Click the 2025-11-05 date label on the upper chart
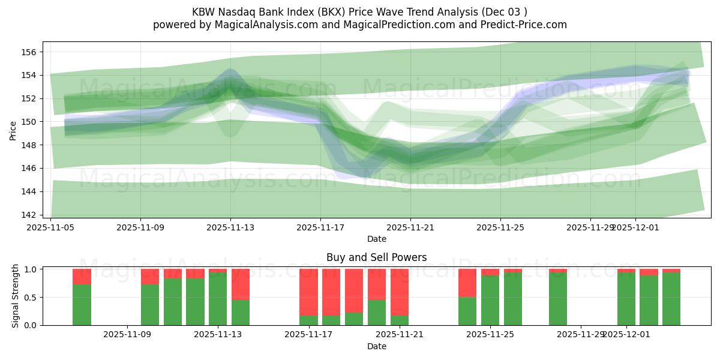coord(50,227)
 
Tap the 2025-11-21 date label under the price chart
coord(410,227)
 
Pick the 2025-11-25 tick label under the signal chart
coord(490,335)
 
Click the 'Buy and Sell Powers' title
coord(376,257)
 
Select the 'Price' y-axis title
coord(13,130)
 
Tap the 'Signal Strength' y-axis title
coord(16,296)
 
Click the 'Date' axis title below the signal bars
coord(376,346)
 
